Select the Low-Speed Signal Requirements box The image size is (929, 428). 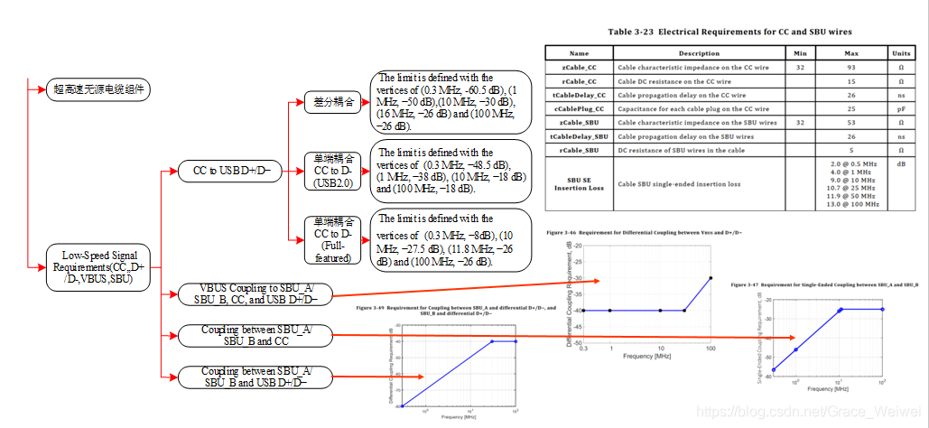(98, 267)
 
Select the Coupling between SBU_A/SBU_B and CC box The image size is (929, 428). (256, 335)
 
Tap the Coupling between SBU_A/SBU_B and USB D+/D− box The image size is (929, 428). (256, 377)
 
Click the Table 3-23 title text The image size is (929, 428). (732, 31)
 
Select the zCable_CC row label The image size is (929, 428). (579, 67)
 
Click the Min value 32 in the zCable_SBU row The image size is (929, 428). (800, 122)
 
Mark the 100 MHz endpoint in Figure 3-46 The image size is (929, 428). (711, 277)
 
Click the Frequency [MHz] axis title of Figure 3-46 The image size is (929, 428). (648, 356)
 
